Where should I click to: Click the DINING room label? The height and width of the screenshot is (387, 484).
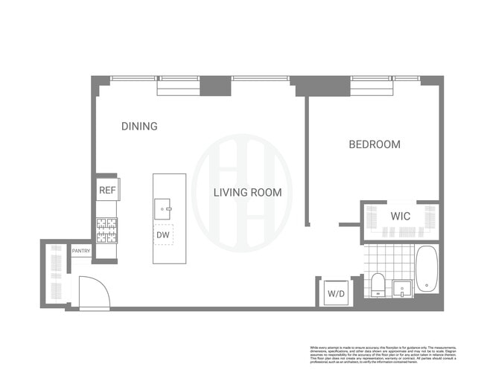[x=139, y=127]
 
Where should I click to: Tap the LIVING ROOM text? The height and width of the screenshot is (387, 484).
[x=247, y=193]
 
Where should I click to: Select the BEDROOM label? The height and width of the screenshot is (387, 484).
[x=375, y=144]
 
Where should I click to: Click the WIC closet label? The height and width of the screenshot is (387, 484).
[x=401, y=217]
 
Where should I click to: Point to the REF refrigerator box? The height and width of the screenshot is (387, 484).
[x=107, y=191]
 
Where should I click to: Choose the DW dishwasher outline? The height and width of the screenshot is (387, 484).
[x=163, y=235]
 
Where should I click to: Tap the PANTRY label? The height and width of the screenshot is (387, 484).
[x=81, y=252]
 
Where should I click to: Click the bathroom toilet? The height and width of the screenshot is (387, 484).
[x=377, y=285]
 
